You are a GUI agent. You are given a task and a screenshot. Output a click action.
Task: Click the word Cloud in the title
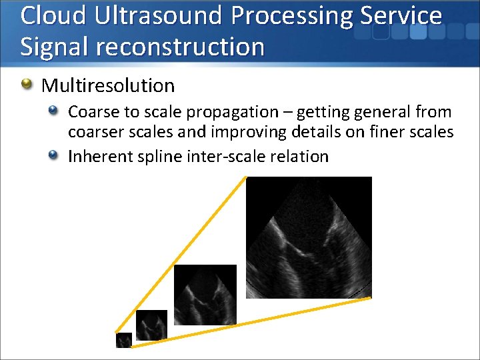coord(53,16)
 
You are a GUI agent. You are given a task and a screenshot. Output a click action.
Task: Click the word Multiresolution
coord(108,85)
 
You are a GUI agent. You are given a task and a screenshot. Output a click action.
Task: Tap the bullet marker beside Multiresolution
coord(27,85)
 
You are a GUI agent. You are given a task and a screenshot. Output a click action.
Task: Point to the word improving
coord(250,132)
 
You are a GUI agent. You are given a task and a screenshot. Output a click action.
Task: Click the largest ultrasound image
coord(309,237)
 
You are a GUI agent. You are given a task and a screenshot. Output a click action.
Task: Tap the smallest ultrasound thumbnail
coord(124,340)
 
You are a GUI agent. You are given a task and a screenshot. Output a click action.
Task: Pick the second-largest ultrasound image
coord(205,294)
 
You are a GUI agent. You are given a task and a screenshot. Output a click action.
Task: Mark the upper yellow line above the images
coord(180,255)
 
